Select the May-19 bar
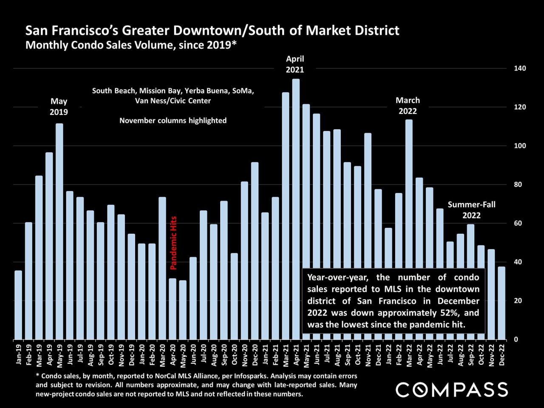(x=59, y=232)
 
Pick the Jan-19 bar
(x=18, y=305)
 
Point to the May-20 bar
(x=183, y=310)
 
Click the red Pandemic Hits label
(x=173, y=243)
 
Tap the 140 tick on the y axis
(x=520, y=68)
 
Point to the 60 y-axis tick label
(x=518, y=223)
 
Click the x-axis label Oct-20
(x=235, y=354)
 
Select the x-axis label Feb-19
(x=29, y=354)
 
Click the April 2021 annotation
(x=295, y=64)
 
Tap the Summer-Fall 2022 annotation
(x=471, y=210)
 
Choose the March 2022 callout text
(x=408, y=106)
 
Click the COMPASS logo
(x=452, y=389)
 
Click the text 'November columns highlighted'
(x=173, y=121)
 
